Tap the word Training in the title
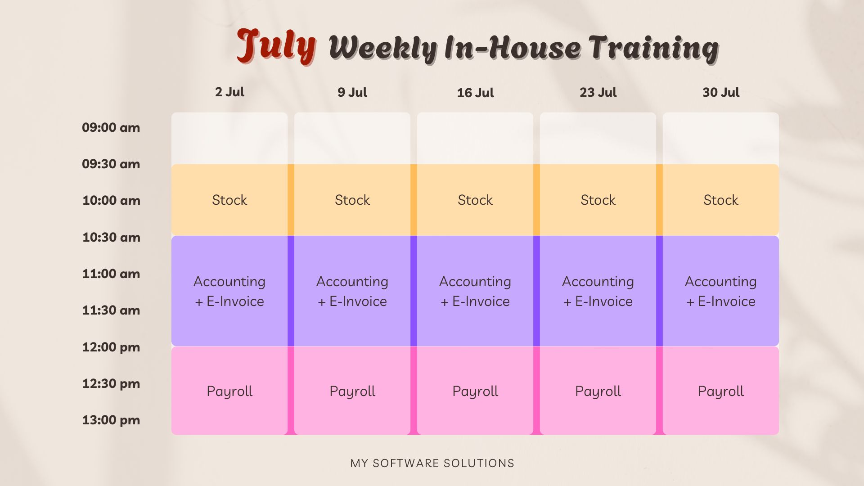653,48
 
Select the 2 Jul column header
229,92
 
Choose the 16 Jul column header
475,93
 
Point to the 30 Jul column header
721,92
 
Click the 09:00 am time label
111,127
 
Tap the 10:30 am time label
111,237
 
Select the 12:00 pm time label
111,347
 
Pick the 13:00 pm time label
111,420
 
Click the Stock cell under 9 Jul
352,200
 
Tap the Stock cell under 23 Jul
598,200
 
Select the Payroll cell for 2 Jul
229,391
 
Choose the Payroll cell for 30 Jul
721,391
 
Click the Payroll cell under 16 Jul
475,391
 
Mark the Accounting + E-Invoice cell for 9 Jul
352,291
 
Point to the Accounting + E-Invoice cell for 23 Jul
598,291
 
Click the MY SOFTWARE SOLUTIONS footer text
432,463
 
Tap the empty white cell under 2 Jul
229,138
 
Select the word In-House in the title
513,48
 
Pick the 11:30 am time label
111,310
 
